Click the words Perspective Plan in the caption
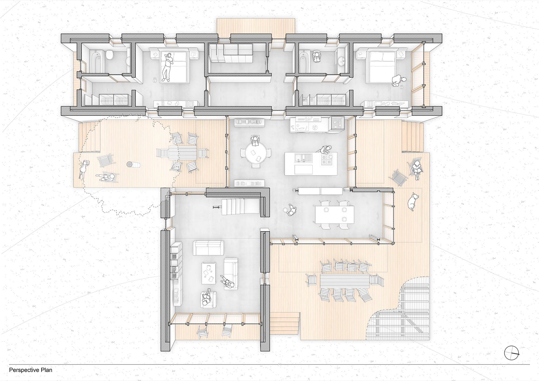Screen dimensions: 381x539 coord(31,370)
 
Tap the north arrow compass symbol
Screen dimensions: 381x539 coord(512,353)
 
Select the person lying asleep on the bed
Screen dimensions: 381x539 coord(168,67)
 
